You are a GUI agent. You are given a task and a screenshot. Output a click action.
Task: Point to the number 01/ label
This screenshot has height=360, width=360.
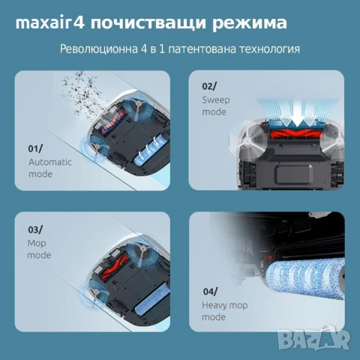click(x=36, y=148)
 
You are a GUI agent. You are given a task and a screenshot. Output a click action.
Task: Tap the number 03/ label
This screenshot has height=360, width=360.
click(x=36, y=229)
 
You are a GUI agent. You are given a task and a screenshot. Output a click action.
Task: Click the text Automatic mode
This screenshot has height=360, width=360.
click(x=40, y=168)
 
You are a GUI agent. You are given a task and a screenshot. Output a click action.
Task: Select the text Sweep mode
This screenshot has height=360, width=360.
click(x=214, y=106)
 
